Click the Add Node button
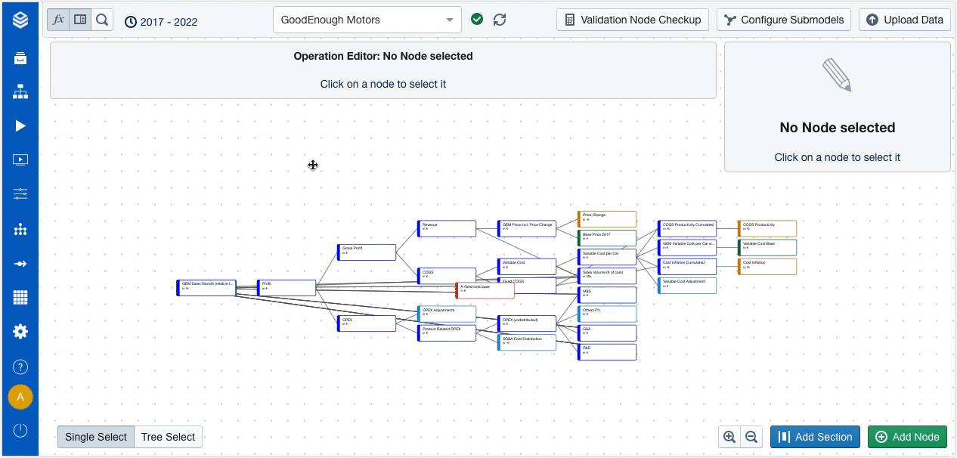tap(907, 437)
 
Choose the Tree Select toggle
tap(168, 437)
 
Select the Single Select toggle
tap(96, 437)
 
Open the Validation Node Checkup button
tap(633, 20)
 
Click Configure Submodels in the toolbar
tap(784, 20)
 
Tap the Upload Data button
tap(904, 20)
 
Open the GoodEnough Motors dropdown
tap(367, 20)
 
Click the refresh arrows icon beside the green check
tap(500, 20)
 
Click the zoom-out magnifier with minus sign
tap(751, 437)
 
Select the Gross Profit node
tap(367, 252)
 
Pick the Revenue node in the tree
tap(448, 228)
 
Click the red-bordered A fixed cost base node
tap(485, 290)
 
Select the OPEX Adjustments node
tap(448, 314)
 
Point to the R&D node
tap(608, 351)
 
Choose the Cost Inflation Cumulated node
tap(688, 266)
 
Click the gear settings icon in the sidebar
tap(20, 331)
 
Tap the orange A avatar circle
tap(20, 397)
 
